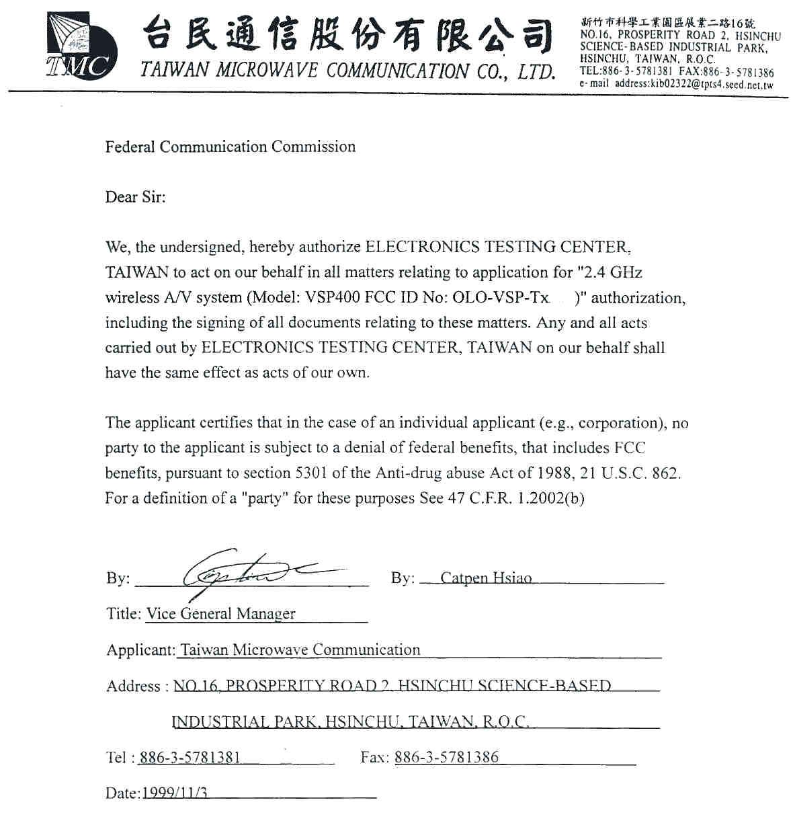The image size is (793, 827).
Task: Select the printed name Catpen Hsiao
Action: pyautogui.click(x=486, y=578)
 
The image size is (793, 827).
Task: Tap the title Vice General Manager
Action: pyautogui.click(x=220, y=614)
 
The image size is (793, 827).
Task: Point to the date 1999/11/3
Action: pyautogui.click(x=175, y=793)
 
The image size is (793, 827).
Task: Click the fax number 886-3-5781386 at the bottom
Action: pyautogui.click(x=446, y=757)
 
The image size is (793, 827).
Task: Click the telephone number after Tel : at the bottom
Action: pyautogui.click(x=190, y=758)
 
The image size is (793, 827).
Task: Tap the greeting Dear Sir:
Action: pyautogui.click(x=135, y=197)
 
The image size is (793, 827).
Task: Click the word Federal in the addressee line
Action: pyautogui.click(x=130, y=147)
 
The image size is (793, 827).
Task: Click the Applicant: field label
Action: pyautogui.click(x=140, y=650)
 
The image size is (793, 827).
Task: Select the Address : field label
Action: pyautogui.click(x=134, y=686)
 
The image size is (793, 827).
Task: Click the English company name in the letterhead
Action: pyautogui.click(x=347, y=71)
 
